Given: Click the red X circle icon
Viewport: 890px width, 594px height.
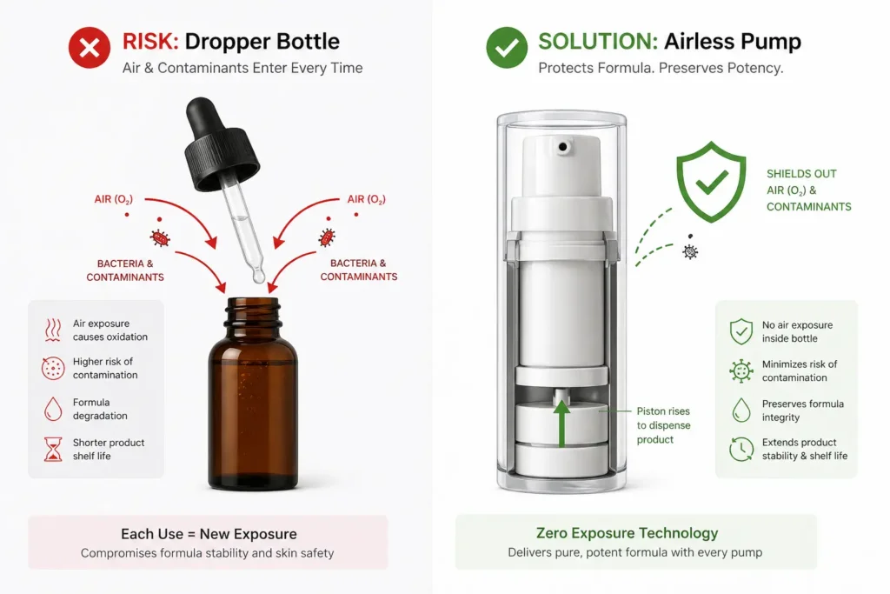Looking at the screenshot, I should click(x=90, y=49).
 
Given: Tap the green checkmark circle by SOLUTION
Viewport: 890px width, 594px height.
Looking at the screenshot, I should click(x=506, y=49).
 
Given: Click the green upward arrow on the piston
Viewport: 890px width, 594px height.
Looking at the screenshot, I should click(x=561, y=423).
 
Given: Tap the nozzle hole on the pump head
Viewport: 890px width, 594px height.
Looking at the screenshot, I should click(x=563, y=148).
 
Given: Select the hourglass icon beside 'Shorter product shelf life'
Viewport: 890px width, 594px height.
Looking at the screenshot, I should click(x=53, y=449).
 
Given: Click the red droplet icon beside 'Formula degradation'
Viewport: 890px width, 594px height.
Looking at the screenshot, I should click(x=53, y=409).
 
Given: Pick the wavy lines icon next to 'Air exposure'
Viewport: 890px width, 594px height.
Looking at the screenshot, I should click(x=53, y=330).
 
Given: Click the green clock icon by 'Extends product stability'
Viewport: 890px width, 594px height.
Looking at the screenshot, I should click(x=741, y=449).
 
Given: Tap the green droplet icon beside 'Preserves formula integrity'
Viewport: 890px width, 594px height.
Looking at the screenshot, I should click(x=741, y=410).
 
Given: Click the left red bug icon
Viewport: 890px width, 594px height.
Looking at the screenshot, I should click(x=160, y=237).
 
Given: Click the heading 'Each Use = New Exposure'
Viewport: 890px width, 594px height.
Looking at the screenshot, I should click(x=209, y=534).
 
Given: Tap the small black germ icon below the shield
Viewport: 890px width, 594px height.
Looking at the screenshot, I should click(x=690, y=252).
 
